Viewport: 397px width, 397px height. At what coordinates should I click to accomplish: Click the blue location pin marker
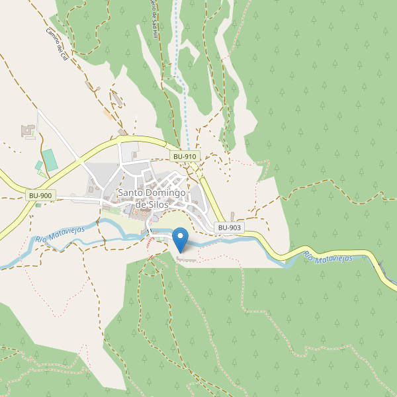[180, 239]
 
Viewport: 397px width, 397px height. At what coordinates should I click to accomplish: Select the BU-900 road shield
[41, 196]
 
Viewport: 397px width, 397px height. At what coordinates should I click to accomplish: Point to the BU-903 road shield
[230, 228]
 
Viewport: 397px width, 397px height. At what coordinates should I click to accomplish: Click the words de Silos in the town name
[151, 205]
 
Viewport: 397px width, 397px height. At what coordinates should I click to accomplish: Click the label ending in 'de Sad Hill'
[154, 13]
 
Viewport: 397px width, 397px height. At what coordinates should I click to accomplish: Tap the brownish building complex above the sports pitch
[28, 131]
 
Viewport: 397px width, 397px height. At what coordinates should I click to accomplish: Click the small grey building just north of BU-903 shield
[233, 216]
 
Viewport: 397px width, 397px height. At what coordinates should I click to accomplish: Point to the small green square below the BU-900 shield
[38, 205]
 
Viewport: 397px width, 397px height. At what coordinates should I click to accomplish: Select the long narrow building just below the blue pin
[187, 259]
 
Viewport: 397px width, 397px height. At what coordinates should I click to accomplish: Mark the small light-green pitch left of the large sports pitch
[39, 165]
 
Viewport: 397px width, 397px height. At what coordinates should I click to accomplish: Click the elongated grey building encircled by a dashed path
[118, 99]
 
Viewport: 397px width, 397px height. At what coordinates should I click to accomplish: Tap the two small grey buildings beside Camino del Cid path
[91, 86]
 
